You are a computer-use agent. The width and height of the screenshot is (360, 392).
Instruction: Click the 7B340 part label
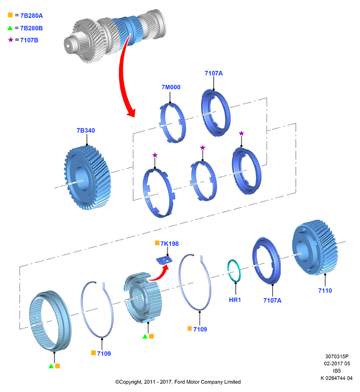click(x=86, y=130)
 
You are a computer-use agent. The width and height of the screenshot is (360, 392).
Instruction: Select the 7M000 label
click(x=171, y=87)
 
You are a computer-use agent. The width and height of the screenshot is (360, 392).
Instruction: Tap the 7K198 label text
click(x=169, y=244)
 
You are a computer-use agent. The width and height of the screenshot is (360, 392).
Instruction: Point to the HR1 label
click(x=235, y=300)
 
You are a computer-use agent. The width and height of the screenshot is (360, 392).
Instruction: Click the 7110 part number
click(x=325, y=290)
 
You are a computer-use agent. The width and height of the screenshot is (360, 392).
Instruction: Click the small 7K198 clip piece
click(x=164, y=260)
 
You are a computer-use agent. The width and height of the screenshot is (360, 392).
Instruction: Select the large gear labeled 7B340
click(x=88, y=178)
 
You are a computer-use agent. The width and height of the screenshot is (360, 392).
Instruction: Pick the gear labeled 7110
click(x=315, y=247)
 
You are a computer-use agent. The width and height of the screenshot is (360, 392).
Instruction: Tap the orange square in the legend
click(x=10, y=15)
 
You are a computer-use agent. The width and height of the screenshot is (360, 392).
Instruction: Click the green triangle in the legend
click(x=10, y=28)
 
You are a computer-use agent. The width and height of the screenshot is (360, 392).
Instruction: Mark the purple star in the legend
click(x=10, y=40)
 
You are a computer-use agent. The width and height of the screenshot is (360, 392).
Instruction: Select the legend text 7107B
click(x=29, y=40)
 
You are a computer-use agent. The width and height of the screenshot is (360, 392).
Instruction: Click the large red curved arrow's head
click(x=131, y=112)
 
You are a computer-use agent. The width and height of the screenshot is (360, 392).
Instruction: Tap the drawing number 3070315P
click(x=337, y=356)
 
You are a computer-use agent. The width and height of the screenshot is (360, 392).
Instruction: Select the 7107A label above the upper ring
click(x=214, y=73)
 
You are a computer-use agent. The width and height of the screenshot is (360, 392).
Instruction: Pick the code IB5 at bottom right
click(x=337, y=371)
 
